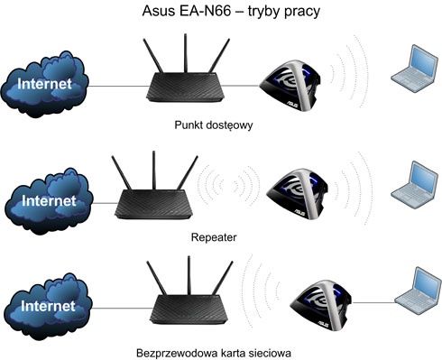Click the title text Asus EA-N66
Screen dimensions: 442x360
tap(187, 11)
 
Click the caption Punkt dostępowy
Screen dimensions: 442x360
tap(214, 125)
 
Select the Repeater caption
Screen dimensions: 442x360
tap(214, 237)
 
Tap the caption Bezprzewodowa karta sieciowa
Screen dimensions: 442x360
tap(214, 353)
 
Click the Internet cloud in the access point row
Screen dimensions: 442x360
tap(44, 84)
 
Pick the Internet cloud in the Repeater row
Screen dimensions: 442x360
tap(49, 201)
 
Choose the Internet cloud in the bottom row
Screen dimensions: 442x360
tap(48, 306)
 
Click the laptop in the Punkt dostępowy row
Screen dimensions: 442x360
tap(414, 69)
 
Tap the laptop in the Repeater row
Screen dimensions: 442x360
tap(414, 185)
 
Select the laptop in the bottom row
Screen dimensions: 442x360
tap(419, 291)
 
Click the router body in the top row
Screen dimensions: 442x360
tap(185, 88)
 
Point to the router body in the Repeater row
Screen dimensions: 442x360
tap(153, 204)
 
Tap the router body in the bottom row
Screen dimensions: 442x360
tap(189, 309)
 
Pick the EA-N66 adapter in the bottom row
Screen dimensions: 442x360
tap(320, 305)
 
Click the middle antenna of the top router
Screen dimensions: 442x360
tap(186, 53)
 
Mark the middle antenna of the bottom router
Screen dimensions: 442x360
tap(189, 275)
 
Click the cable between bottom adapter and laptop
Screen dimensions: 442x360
tap(373, 302)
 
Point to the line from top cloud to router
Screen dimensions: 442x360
tap(118, 87)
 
